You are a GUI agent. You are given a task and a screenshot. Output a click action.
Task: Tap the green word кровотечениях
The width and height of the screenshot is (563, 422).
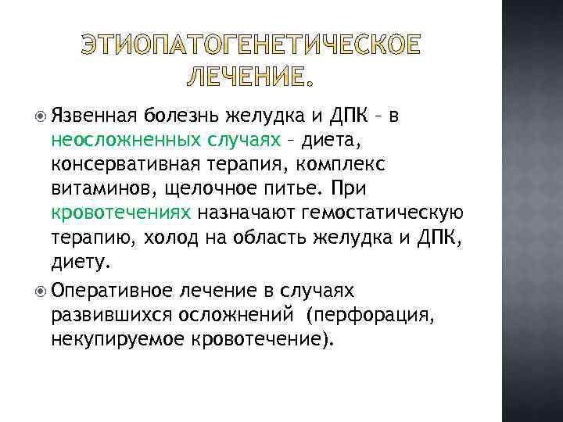click(x=121, y=212)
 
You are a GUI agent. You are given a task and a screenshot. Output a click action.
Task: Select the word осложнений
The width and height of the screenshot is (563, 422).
click(x=239, y=316)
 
